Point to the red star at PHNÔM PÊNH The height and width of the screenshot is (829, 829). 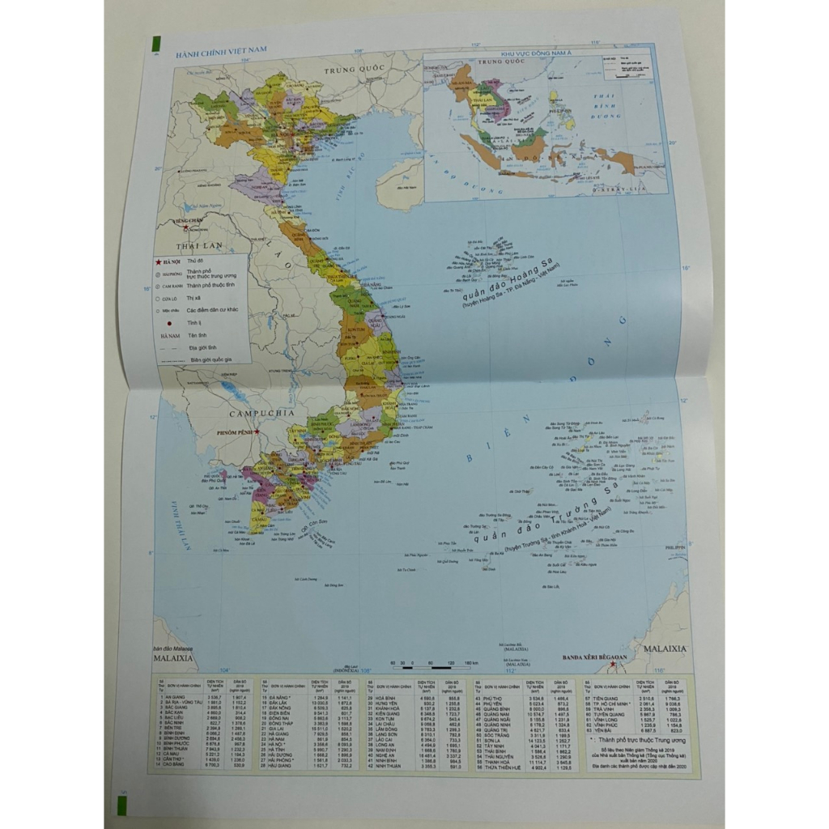pos(257,432)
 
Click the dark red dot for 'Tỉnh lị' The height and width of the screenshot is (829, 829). pos(169,323)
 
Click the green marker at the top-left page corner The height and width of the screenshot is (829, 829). pos(157,45)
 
